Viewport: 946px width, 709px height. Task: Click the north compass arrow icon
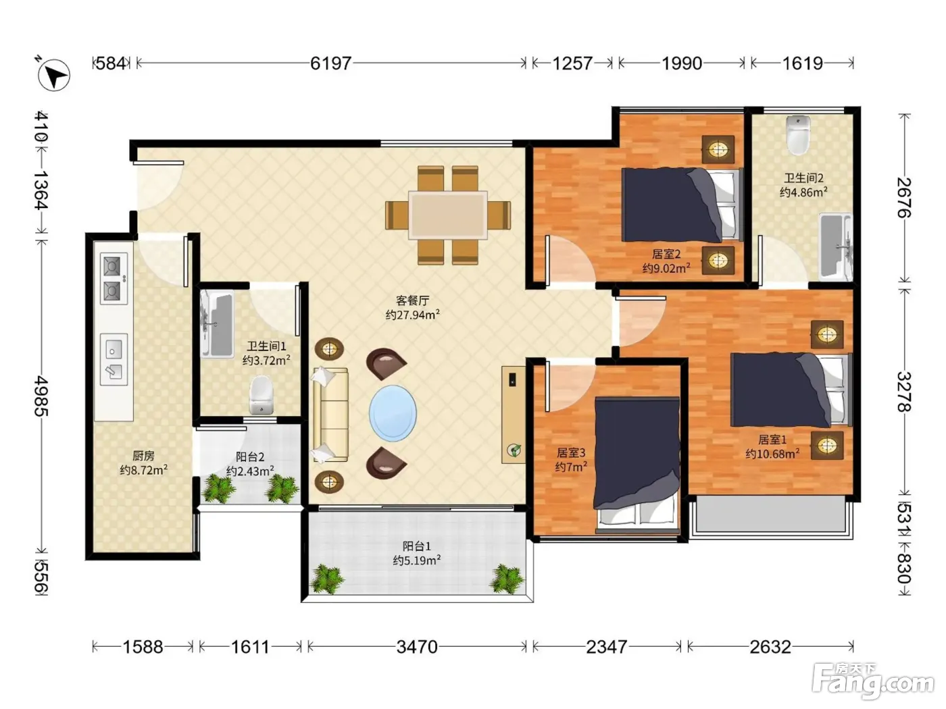[54, 75]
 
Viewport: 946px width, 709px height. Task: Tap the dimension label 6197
[330, 63]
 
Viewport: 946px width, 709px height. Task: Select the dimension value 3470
[417, 647]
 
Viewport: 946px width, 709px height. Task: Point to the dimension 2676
[904, 198]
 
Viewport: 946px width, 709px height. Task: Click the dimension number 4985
[41, 396]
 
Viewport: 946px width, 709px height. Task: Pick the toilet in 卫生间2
[798, 135]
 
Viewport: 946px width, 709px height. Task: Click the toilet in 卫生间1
[262, 395]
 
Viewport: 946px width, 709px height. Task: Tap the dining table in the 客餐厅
[448, 215]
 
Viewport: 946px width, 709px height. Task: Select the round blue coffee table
[393, 413]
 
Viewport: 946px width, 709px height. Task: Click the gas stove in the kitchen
[114, 278]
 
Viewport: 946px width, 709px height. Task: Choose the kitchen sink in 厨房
[114, 359]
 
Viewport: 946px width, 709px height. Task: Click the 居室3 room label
[570, 452]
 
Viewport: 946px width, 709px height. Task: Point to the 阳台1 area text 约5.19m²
[416, 560]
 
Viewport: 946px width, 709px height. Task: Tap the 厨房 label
[143, 455]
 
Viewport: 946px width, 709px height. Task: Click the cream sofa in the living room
[330, 415]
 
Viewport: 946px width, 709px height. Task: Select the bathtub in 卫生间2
[835, 247]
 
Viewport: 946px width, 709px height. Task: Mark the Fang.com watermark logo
[873, 681]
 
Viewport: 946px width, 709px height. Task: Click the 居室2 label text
[666, 254]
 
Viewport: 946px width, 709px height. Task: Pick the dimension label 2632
[770, 647]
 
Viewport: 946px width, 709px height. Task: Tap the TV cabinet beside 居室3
[514, 415]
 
